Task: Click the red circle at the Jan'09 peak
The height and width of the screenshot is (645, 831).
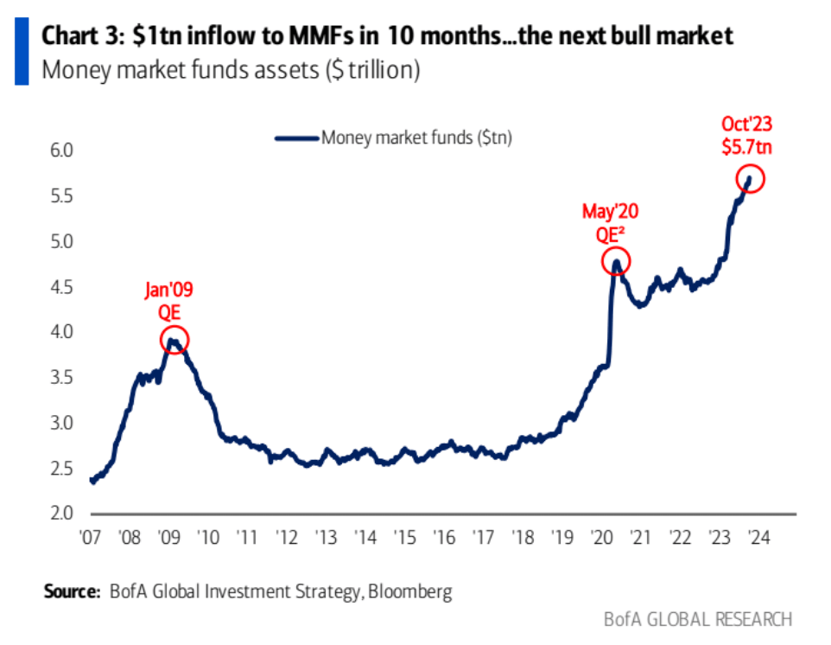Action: [174, 341]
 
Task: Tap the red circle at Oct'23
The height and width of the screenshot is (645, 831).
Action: [750, 180]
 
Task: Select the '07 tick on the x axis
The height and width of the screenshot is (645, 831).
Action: [90, 536]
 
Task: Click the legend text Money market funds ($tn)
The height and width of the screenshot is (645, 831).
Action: [416, 137]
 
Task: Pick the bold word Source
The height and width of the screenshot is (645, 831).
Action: [72, 591]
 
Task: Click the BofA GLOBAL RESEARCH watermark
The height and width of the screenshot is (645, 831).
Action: [697, 619]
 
